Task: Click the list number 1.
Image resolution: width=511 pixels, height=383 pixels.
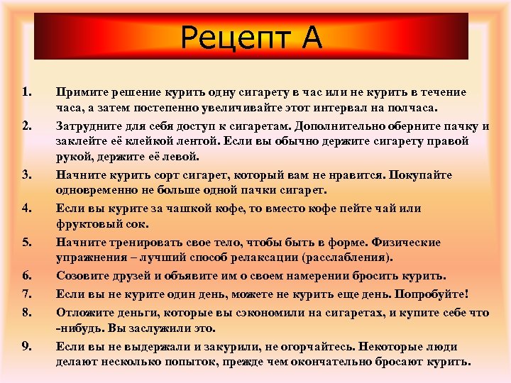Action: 26,91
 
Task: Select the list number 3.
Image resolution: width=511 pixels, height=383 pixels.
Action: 26,174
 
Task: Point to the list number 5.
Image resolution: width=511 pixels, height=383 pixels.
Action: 26,243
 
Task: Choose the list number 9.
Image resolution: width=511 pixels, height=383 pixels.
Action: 26,347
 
